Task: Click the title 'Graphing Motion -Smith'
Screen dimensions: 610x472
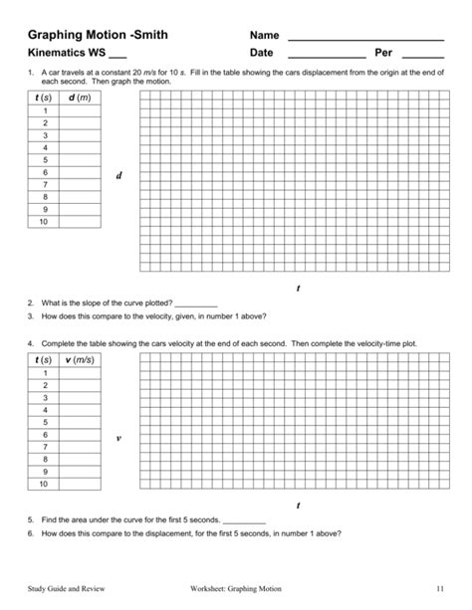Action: [x=98, y=36]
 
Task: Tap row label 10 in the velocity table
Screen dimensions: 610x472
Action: [x=44, y=484]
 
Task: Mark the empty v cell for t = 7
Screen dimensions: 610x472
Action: [x=80, y=447]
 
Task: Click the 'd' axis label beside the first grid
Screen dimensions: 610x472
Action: [x=118, y=176]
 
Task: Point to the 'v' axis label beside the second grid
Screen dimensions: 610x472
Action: [x=118, y=437]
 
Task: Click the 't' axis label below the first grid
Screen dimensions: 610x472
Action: [x=298, y=288]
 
